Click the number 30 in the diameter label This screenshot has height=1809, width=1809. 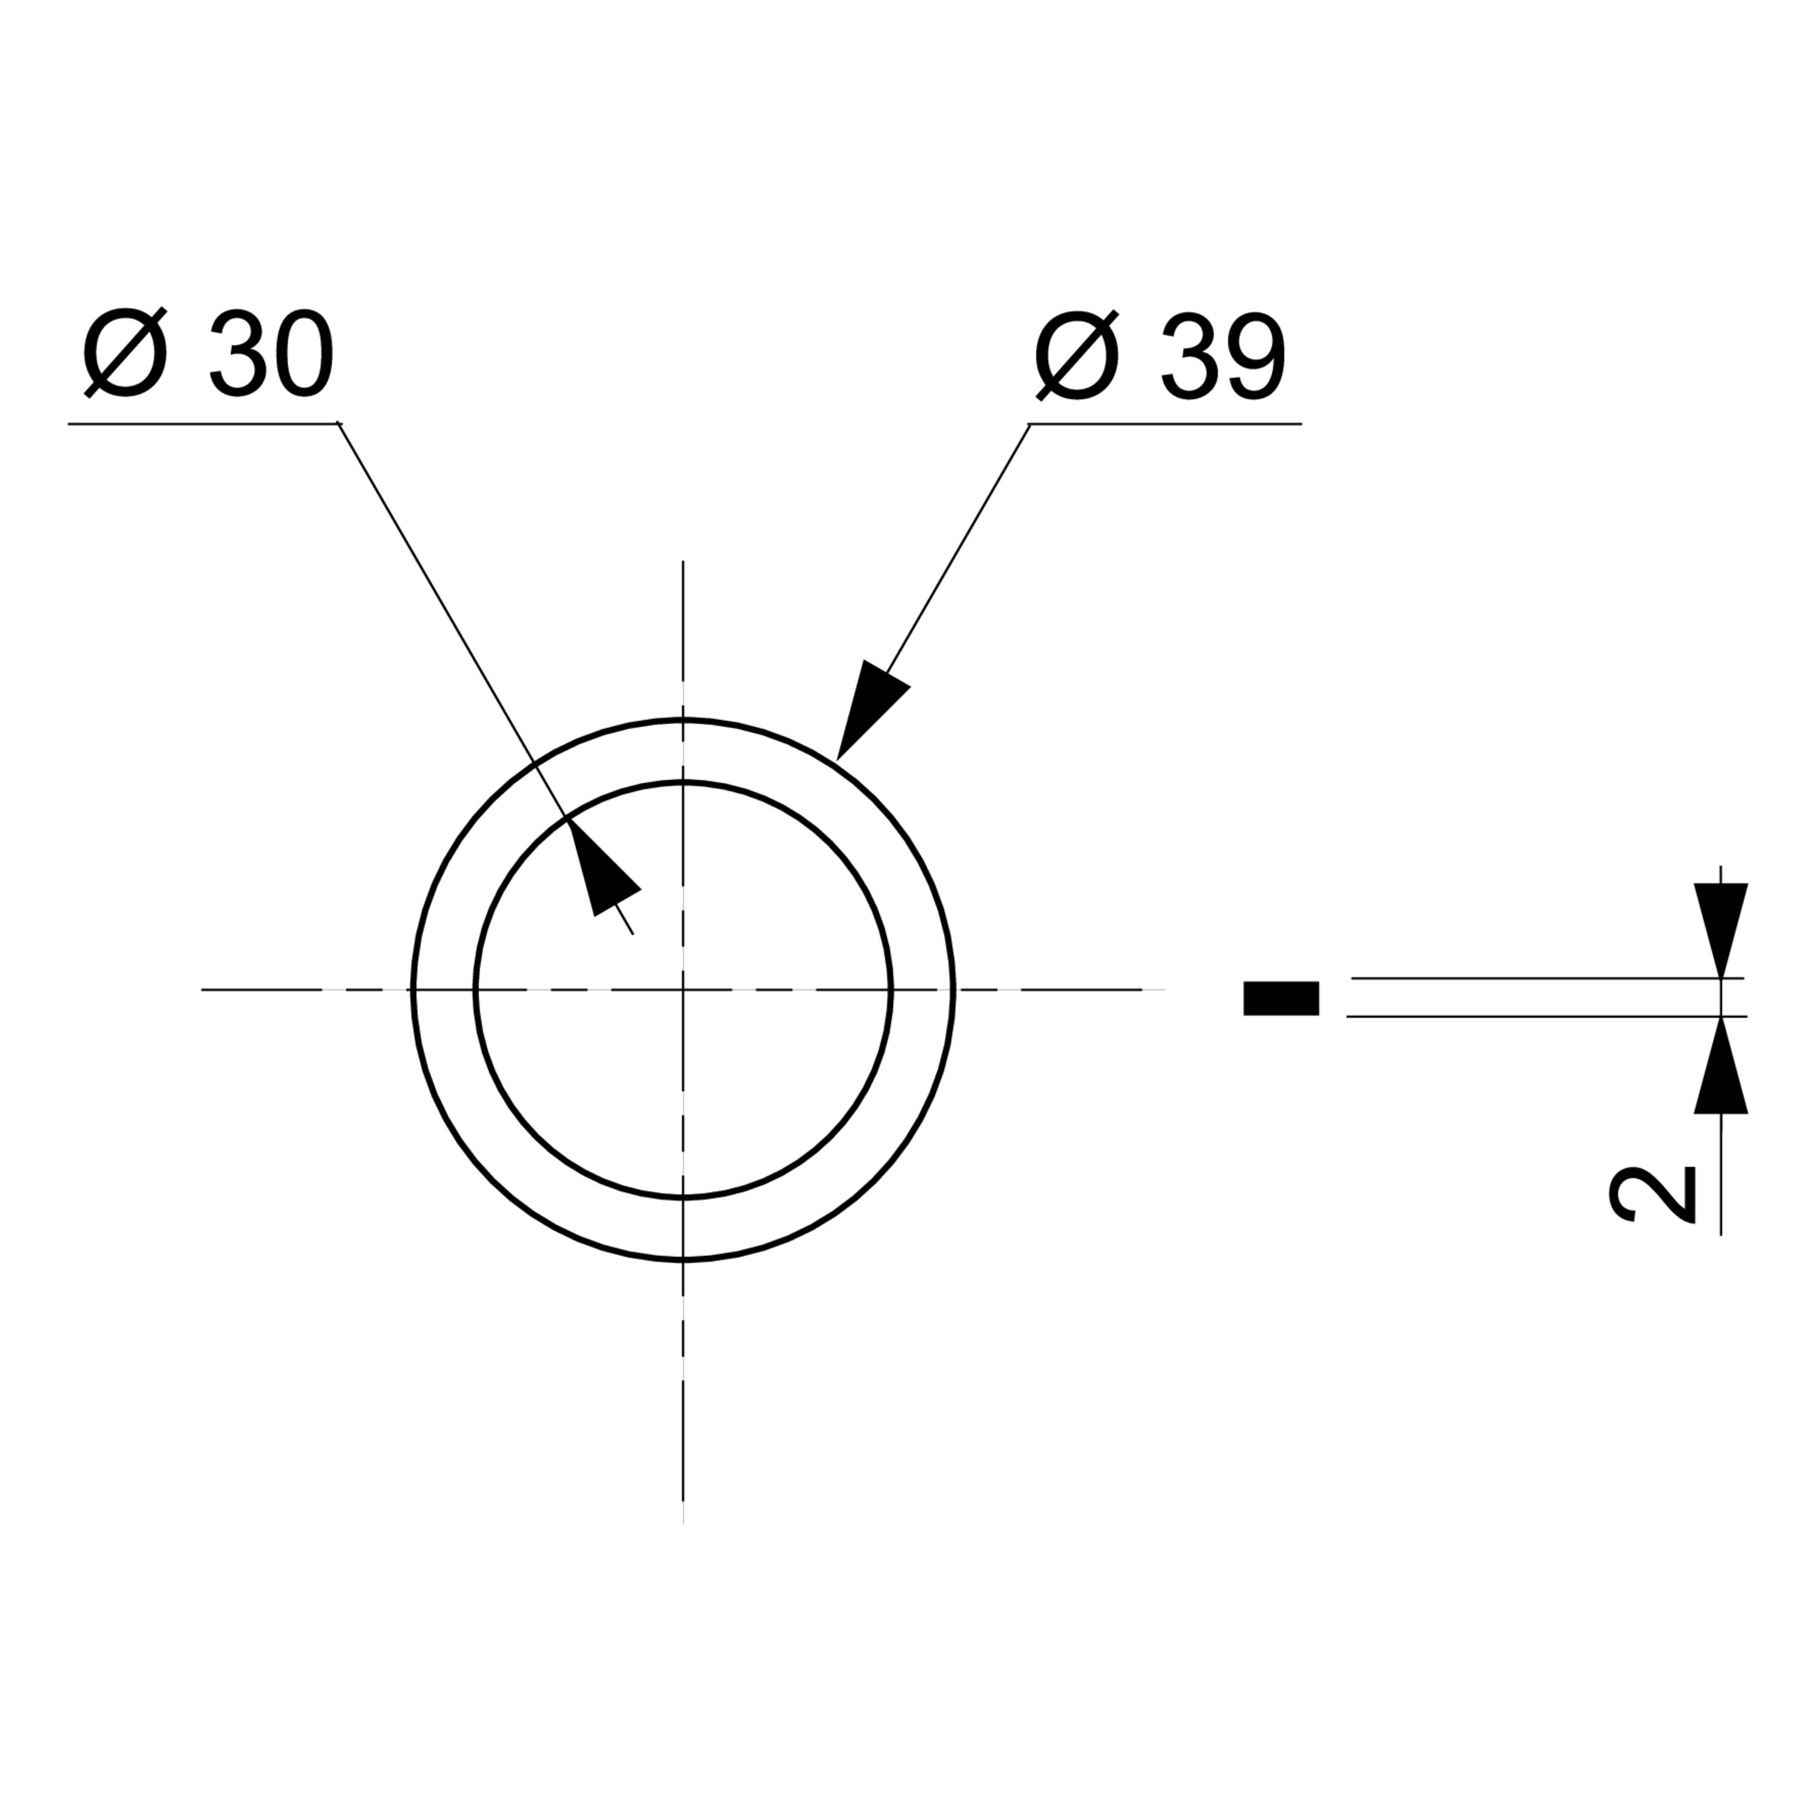271,354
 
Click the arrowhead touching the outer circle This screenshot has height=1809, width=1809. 872,709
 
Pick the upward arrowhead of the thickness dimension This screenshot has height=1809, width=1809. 1721,1065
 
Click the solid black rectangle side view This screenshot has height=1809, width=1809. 1281,998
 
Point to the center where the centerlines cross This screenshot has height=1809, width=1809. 684,989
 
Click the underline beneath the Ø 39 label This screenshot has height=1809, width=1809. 1165,423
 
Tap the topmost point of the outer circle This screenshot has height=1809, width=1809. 684,719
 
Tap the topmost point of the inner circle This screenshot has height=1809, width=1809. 684,781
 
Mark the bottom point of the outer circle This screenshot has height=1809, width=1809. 684,1260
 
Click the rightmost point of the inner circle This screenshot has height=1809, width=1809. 891,989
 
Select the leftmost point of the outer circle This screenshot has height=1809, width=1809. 413,989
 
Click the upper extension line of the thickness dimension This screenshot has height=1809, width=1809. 1547,979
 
